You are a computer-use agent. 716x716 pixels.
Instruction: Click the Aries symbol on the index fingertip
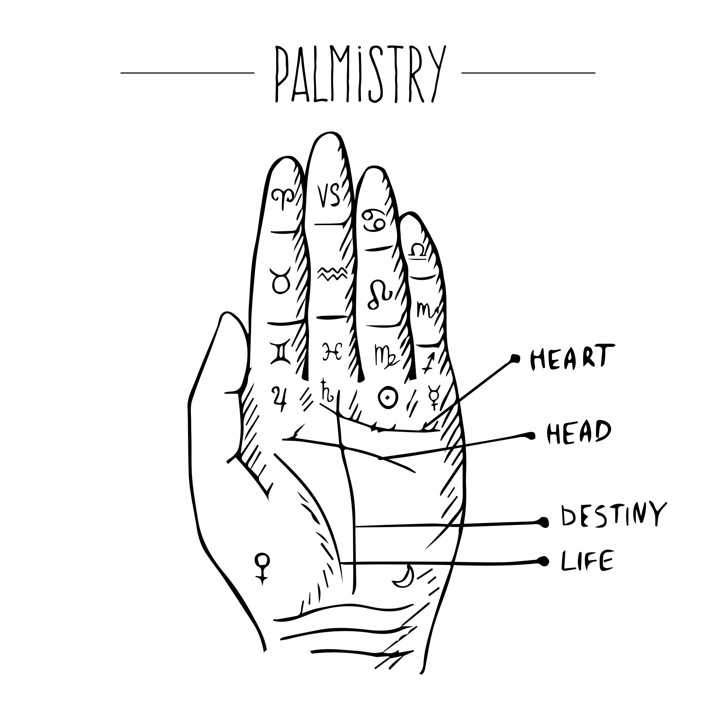pyautogui.click(x=284, y=198)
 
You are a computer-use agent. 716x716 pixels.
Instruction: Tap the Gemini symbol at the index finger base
pyautogui.click(x=281, y=354)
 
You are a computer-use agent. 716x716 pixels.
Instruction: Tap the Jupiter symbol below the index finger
pyautogui.click(x=281, y=398)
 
